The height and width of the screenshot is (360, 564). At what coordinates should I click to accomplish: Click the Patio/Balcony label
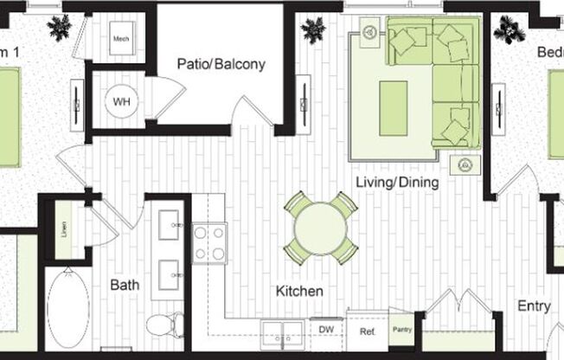[x=221, y=64]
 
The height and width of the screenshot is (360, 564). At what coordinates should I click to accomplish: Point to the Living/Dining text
[x=398, y=183]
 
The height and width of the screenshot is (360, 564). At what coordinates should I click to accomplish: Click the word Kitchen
[x=299, y=292]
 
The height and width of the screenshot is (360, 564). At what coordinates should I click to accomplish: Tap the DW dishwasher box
[x=327, y=330]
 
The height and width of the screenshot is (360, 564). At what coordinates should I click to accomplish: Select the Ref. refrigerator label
[x=367, y=331]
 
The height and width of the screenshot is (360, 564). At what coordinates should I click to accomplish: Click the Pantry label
[x=401, y=330]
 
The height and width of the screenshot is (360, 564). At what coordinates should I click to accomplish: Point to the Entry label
[x=534, y=305]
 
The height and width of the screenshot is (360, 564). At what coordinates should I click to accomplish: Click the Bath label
[x=125, y=284]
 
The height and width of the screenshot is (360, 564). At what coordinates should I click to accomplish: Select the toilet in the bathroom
[x=164, y=325]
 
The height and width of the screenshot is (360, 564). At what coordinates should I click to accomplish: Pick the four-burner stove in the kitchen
[x=209, y=242]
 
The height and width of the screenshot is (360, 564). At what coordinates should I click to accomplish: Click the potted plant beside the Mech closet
[x=61, y=28]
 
